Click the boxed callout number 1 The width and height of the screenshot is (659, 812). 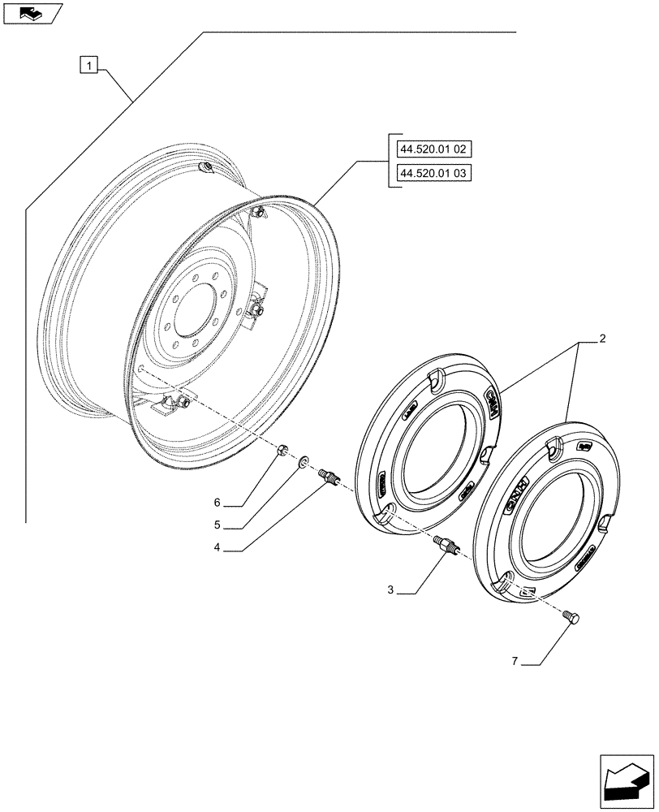[89, 63]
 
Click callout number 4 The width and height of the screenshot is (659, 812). [217, 547]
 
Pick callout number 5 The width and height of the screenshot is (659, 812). [217, 525]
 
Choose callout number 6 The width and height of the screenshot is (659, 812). [217, 503]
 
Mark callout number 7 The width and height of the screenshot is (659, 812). [515, 663]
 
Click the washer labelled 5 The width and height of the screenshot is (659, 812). [303, 461]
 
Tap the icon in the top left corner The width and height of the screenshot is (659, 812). [32, 12]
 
